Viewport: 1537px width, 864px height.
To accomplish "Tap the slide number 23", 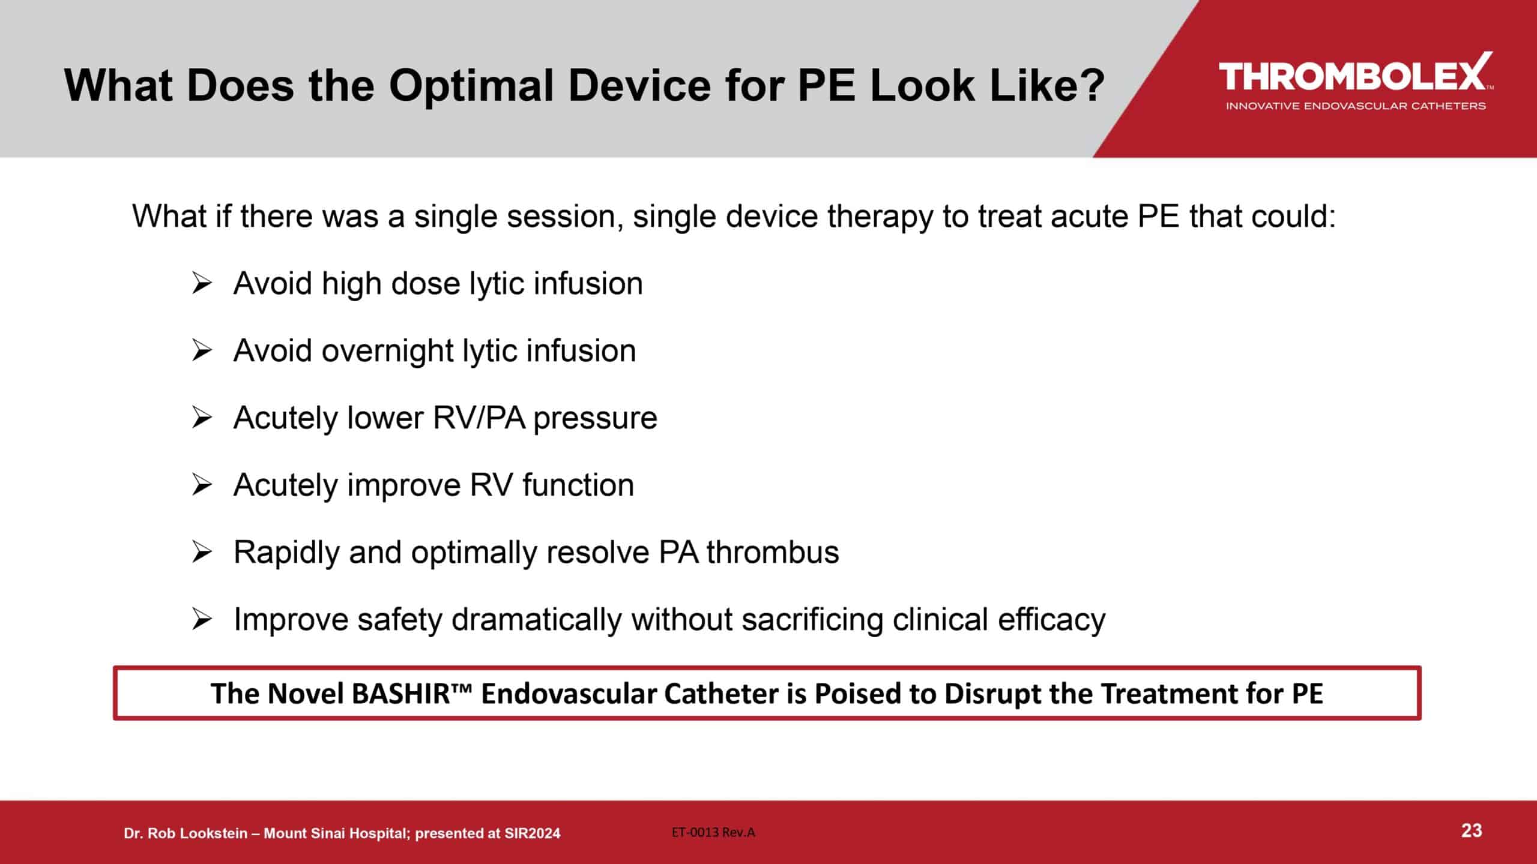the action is (x=1472, y=831).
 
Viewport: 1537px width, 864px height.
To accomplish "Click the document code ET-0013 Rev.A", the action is (x=713, y=832).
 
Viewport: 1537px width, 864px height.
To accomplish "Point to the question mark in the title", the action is (x=1090, y=86).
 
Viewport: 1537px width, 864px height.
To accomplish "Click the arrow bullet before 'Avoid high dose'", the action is (x=202, y=283).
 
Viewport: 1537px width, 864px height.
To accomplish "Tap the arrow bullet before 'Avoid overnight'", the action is (x=202, y=350).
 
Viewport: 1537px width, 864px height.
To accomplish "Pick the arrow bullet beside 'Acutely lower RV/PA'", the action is (x=202, y=418).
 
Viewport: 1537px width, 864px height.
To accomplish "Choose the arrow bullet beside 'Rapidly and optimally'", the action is (x=202, y=552).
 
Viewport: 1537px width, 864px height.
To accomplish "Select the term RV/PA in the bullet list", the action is (x=479, y=418).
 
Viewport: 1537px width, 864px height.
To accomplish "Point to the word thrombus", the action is (x=772, y=552).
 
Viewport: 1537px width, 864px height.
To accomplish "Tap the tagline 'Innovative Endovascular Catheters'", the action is (x=1356, y=106).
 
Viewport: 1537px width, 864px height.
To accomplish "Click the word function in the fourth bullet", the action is (x=578, y=485).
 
